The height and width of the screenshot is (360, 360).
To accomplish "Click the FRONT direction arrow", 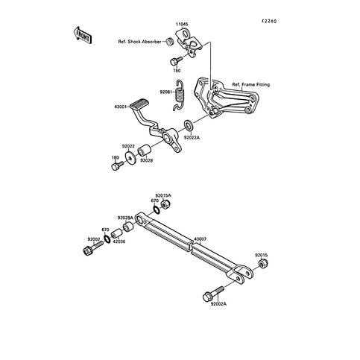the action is click(x=83, y=36).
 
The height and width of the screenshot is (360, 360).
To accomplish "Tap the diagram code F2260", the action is click(x=269, y=22).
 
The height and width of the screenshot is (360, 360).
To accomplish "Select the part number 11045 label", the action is click(x=182, y=25).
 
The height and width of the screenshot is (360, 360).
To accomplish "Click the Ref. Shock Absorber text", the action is click(x=139, y=42).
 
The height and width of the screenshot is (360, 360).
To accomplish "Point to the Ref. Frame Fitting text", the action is click(x=251, y=85).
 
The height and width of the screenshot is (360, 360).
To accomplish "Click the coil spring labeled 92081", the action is click(x=179, y=95).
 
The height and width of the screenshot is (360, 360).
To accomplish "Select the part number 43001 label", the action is click(x=120, y=107).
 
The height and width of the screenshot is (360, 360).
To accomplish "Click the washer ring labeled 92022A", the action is click(x=189, y=125).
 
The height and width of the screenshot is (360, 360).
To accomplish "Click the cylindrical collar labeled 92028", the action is click(x=144, y=151).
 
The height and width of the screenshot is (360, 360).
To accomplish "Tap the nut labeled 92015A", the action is click(x=165, y=205).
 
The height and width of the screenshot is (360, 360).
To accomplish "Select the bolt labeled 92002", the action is click(x=93, y=248).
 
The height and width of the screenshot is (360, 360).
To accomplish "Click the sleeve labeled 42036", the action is click(x=116, y=233).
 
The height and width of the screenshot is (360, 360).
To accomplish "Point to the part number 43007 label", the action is click(x=200, y=239).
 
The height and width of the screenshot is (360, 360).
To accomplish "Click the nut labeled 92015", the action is click(x=263, y=263).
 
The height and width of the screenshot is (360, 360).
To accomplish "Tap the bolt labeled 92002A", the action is click(x=213, y=294).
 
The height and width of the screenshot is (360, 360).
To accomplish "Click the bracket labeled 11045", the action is click(x=189, y=44).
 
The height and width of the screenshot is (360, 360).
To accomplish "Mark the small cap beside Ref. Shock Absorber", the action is click(x=170, y=41).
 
